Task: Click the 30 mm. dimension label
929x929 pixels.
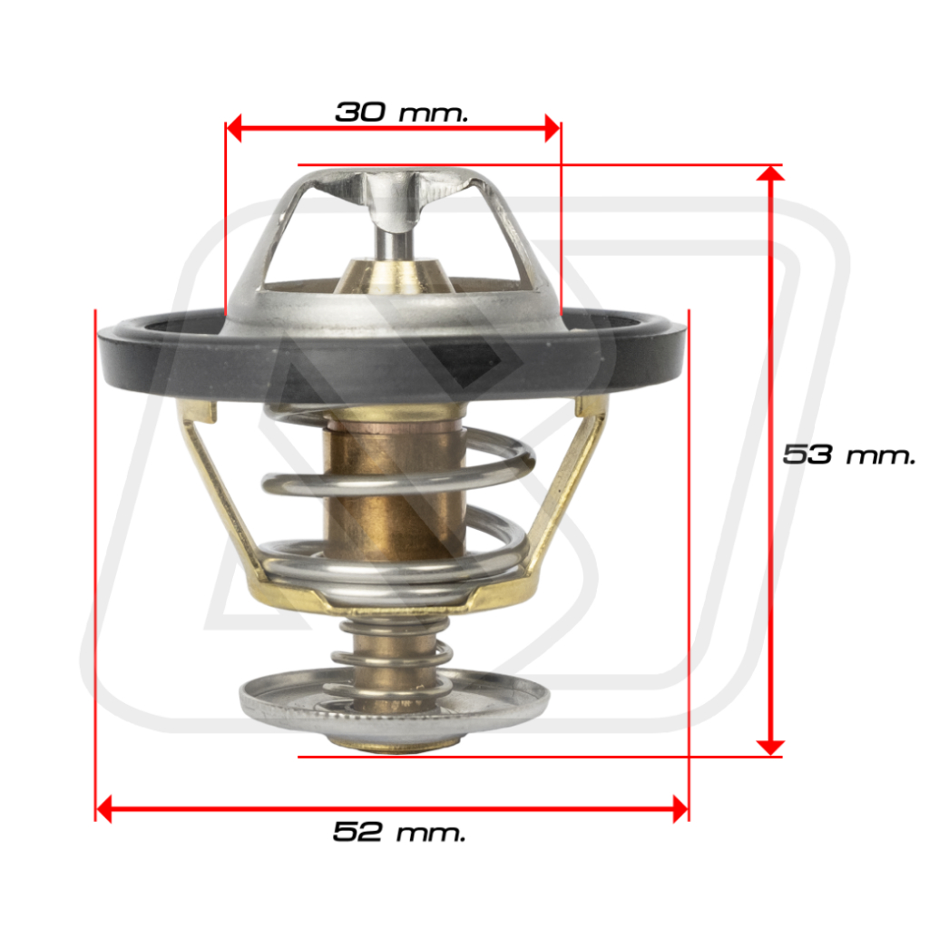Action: coord(402,112)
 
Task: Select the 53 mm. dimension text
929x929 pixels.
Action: coord(849,455)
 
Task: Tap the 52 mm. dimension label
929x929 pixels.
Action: coord(399,831)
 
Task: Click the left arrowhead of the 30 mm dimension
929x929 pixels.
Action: coord(234,128)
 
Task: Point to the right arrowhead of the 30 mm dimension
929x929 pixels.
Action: coord(553,128)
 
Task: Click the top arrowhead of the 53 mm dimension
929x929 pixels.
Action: coord(770,172)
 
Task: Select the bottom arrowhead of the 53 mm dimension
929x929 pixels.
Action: coord(770,748)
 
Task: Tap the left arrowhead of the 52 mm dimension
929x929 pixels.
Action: coord(103,808)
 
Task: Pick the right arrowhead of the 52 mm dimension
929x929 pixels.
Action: coord(680,808)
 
